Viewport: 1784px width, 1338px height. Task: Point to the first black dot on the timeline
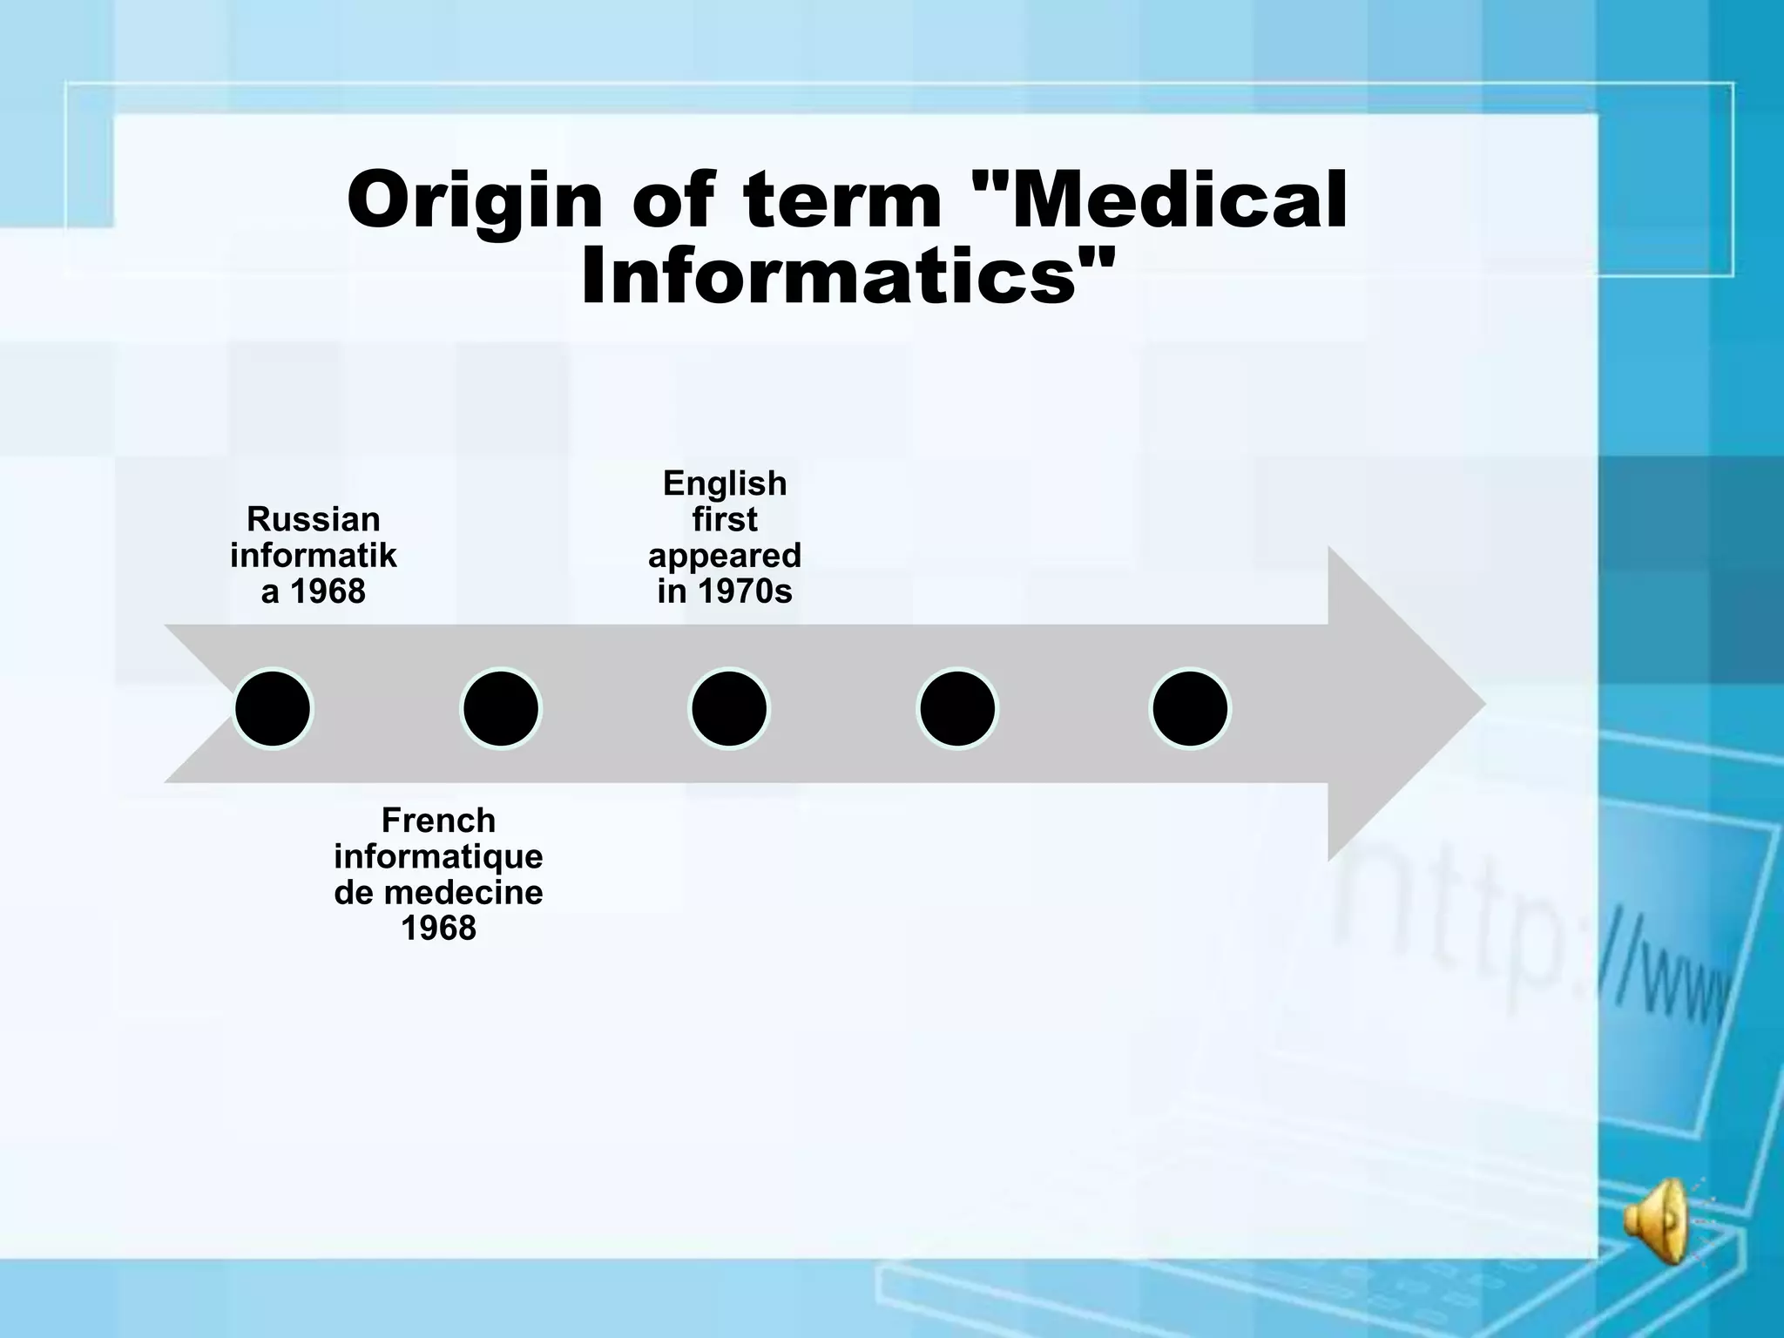pyautogui.click(x=273, y=709)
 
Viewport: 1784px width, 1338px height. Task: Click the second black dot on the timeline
pyautogui.click(x=501, y=709)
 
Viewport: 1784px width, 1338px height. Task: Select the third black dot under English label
pyautogui.click(x=728, y=709)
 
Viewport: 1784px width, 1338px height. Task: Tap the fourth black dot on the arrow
pyautogui.click(x=957, y=709)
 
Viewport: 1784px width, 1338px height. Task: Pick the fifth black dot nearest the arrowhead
pyautogui.click(x=1190, y=709)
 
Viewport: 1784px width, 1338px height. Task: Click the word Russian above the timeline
pyautogui.click(x=314, y=520)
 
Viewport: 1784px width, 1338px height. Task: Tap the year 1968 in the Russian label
pyautogui.click(x=328, y=592)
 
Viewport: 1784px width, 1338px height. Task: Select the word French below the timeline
pyautogui.click(x=438, y=821)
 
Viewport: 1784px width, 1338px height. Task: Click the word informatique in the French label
pyautogui.click(x=438, y=856)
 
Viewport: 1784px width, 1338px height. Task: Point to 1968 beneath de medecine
pyautogui.click(x=438, y=929)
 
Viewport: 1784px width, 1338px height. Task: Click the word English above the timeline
pyautogui.click(x=725, y=483)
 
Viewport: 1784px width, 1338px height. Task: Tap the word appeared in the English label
pyautogui.click(x=725, y=556)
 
